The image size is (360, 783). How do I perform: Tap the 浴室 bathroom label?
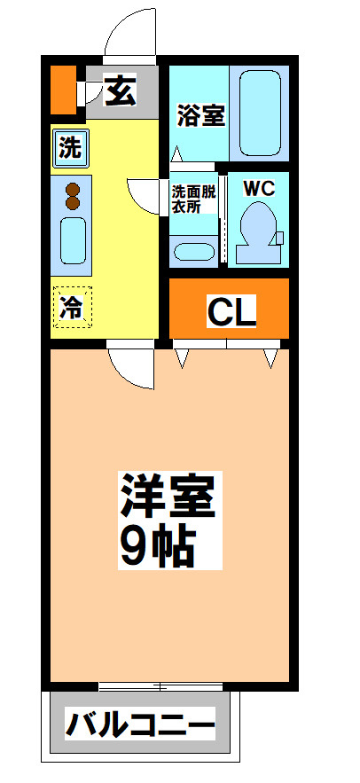200,115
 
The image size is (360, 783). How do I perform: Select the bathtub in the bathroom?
260,113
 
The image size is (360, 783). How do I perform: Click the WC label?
259,188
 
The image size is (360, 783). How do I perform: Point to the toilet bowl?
258,227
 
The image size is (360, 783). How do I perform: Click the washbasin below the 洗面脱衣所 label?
193,250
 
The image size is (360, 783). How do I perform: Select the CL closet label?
231,310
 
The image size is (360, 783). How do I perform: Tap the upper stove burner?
73,188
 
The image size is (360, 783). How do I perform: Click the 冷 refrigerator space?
71,308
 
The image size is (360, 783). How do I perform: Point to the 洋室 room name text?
168,498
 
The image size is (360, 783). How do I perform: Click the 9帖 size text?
157,547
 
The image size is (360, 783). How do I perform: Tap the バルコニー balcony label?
141,727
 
